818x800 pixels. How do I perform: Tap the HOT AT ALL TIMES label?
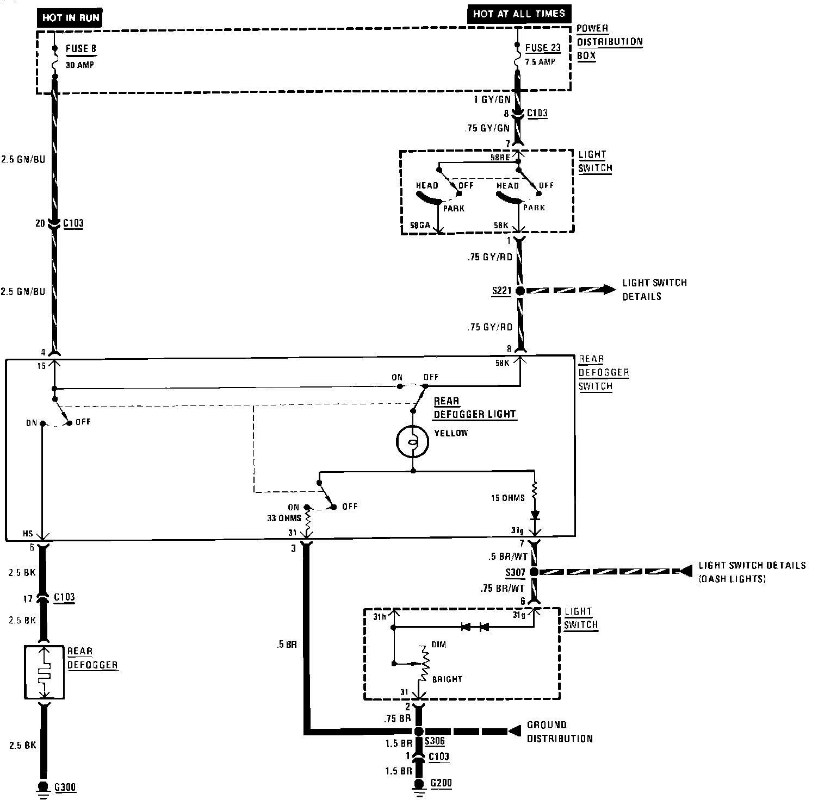[519, 14]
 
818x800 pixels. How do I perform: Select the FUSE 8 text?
[81, 48]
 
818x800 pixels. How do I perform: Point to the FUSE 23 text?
[543, 47]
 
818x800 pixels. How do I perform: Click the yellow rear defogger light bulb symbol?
[413, 442]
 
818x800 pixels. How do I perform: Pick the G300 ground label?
[65, 786]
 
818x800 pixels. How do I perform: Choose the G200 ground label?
[441, 783]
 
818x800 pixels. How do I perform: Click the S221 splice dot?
[520, 291]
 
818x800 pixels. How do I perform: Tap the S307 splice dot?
[534, 572]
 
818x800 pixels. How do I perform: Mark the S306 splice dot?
[418, 732]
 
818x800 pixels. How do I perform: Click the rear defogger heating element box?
[44, 672]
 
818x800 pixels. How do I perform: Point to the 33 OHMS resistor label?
[284, 518]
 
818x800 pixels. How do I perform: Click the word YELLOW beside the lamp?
[451, 433]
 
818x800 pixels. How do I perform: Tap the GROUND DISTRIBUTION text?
[559, 732]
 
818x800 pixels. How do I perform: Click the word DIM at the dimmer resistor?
[438, 645]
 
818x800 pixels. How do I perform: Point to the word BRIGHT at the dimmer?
[447, 679]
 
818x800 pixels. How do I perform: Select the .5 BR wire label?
[286, 645]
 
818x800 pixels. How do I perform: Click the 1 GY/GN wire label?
[491, 99]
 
